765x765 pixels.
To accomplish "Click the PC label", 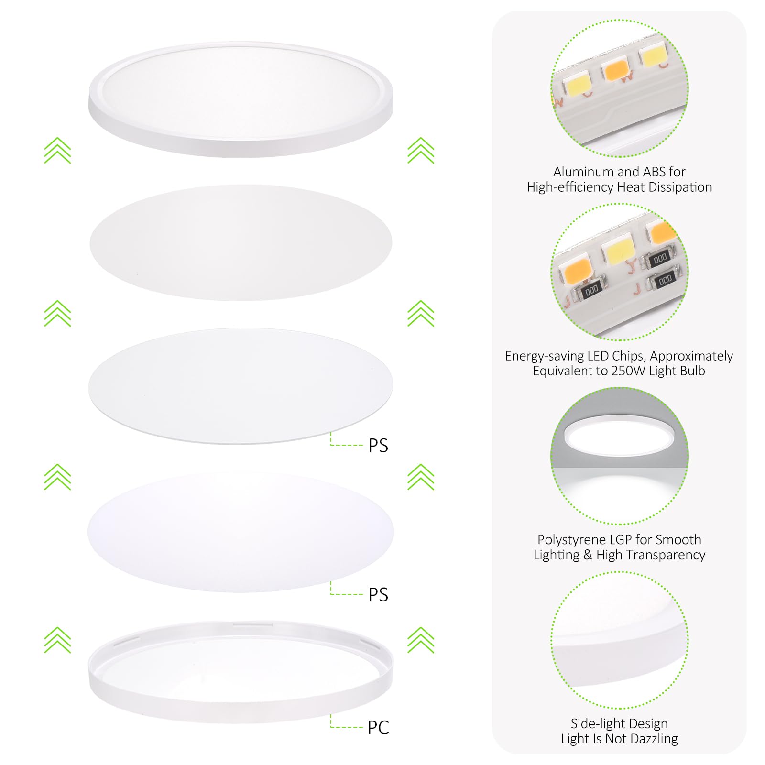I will (378, 728).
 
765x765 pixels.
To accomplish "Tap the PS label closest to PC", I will (378, 595).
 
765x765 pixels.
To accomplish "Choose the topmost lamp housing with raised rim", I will (240, 98).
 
